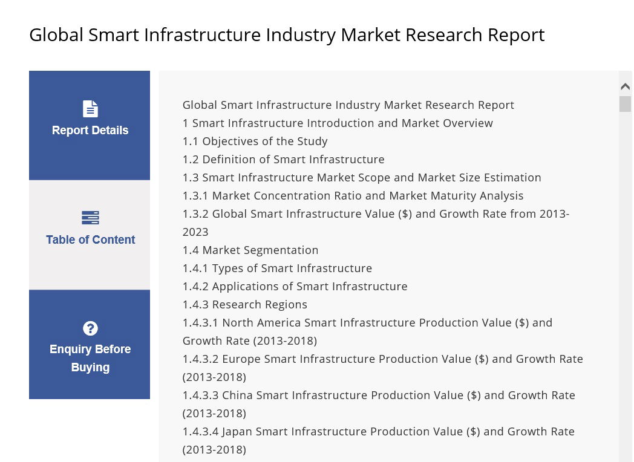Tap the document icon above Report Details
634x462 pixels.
click(x=90, y=109)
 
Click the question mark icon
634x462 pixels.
click(x=90, y=328)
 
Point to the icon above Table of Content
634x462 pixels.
click(x=90, y=218)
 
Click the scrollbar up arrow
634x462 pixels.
click(x=625, y=86)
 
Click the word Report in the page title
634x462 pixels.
click(x=516, y=35)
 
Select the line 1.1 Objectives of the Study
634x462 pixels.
click(x=255, y=142)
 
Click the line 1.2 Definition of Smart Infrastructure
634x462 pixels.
click(x=283, y=160)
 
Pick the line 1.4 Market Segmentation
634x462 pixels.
click(x=250, y=250)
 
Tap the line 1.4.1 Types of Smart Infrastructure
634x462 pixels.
click(x=277, y=268)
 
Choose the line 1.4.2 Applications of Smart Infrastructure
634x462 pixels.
click(x=295, y=287)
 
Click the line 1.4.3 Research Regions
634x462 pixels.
click(x=244, y=305)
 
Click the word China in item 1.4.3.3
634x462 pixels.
click(x=237, y=395)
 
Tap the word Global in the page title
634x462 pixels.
click(x=56, y=35)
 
